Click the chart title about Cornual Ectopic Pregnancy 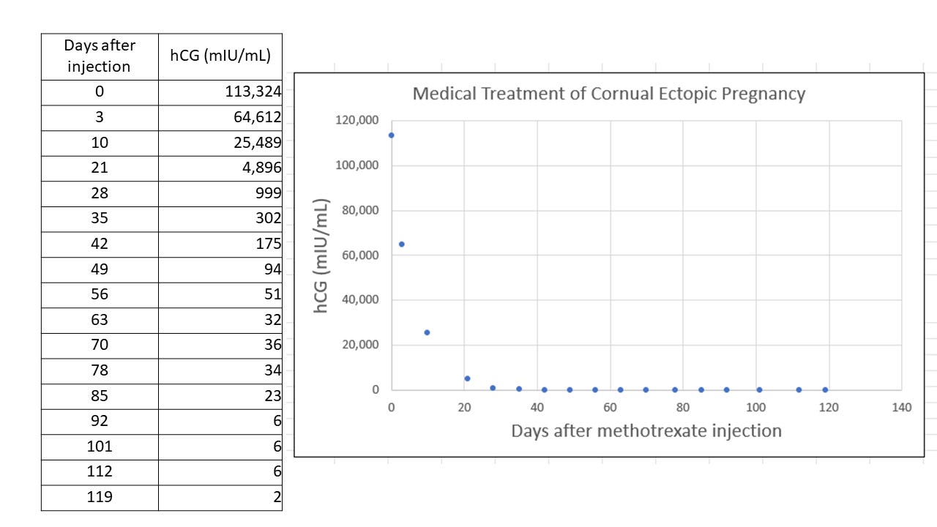[x=608, y=94]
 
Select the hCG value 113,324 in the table [x=253, y=92]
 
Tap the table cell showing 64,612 [x=257, y=118]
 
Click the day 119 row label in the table [x=100, y=498]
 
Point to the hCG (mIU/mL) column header [x=220, y=56]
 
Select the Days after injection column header [x=100, y=56]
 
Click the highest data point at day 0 [x=392, y=135]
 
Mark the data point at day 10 [x=427, y=332]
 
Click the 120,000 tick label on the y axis [x=357, y=121]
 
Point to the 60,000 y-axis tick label [x=360, y=255]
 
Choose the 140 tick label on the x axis [x=902, y=408]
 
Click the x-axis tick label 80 [x=683, y=408]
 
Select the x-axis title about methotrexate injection [x=646, y=430]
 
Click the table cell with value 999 [x=268, y=194]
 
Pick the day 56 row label [x=100, y=294]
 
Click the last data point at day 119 [x=825, y=390]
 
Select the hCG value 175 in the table [x=269, y=244]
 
